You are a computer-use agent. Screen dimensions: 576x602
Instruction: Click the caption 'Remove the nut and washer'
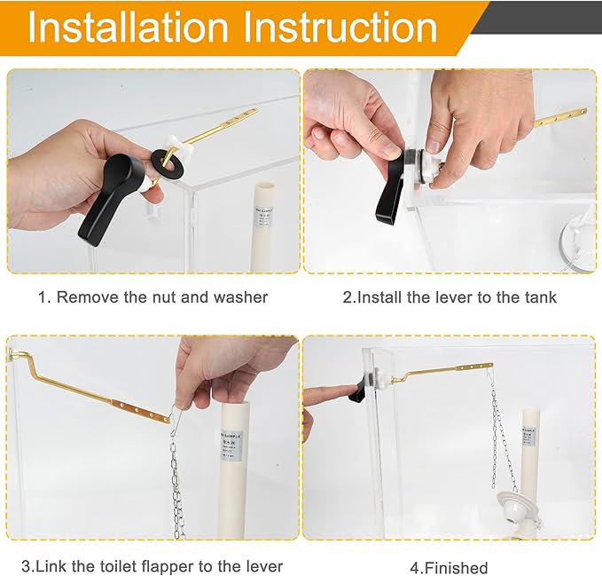(x=152, y=297)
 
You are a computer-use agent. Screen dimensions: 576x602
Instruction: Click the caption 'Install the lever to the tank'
(x=450, y=297)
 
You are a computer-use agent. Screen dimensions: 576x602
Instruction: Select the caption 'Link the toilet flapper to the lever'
(x=152, y=566)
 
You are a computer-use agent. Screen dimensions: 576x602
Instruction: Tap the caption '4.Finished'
(x=449, y=567)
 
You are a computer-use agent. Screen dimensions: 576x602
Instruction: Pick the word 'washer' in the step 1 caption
(x=240, y=297)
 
